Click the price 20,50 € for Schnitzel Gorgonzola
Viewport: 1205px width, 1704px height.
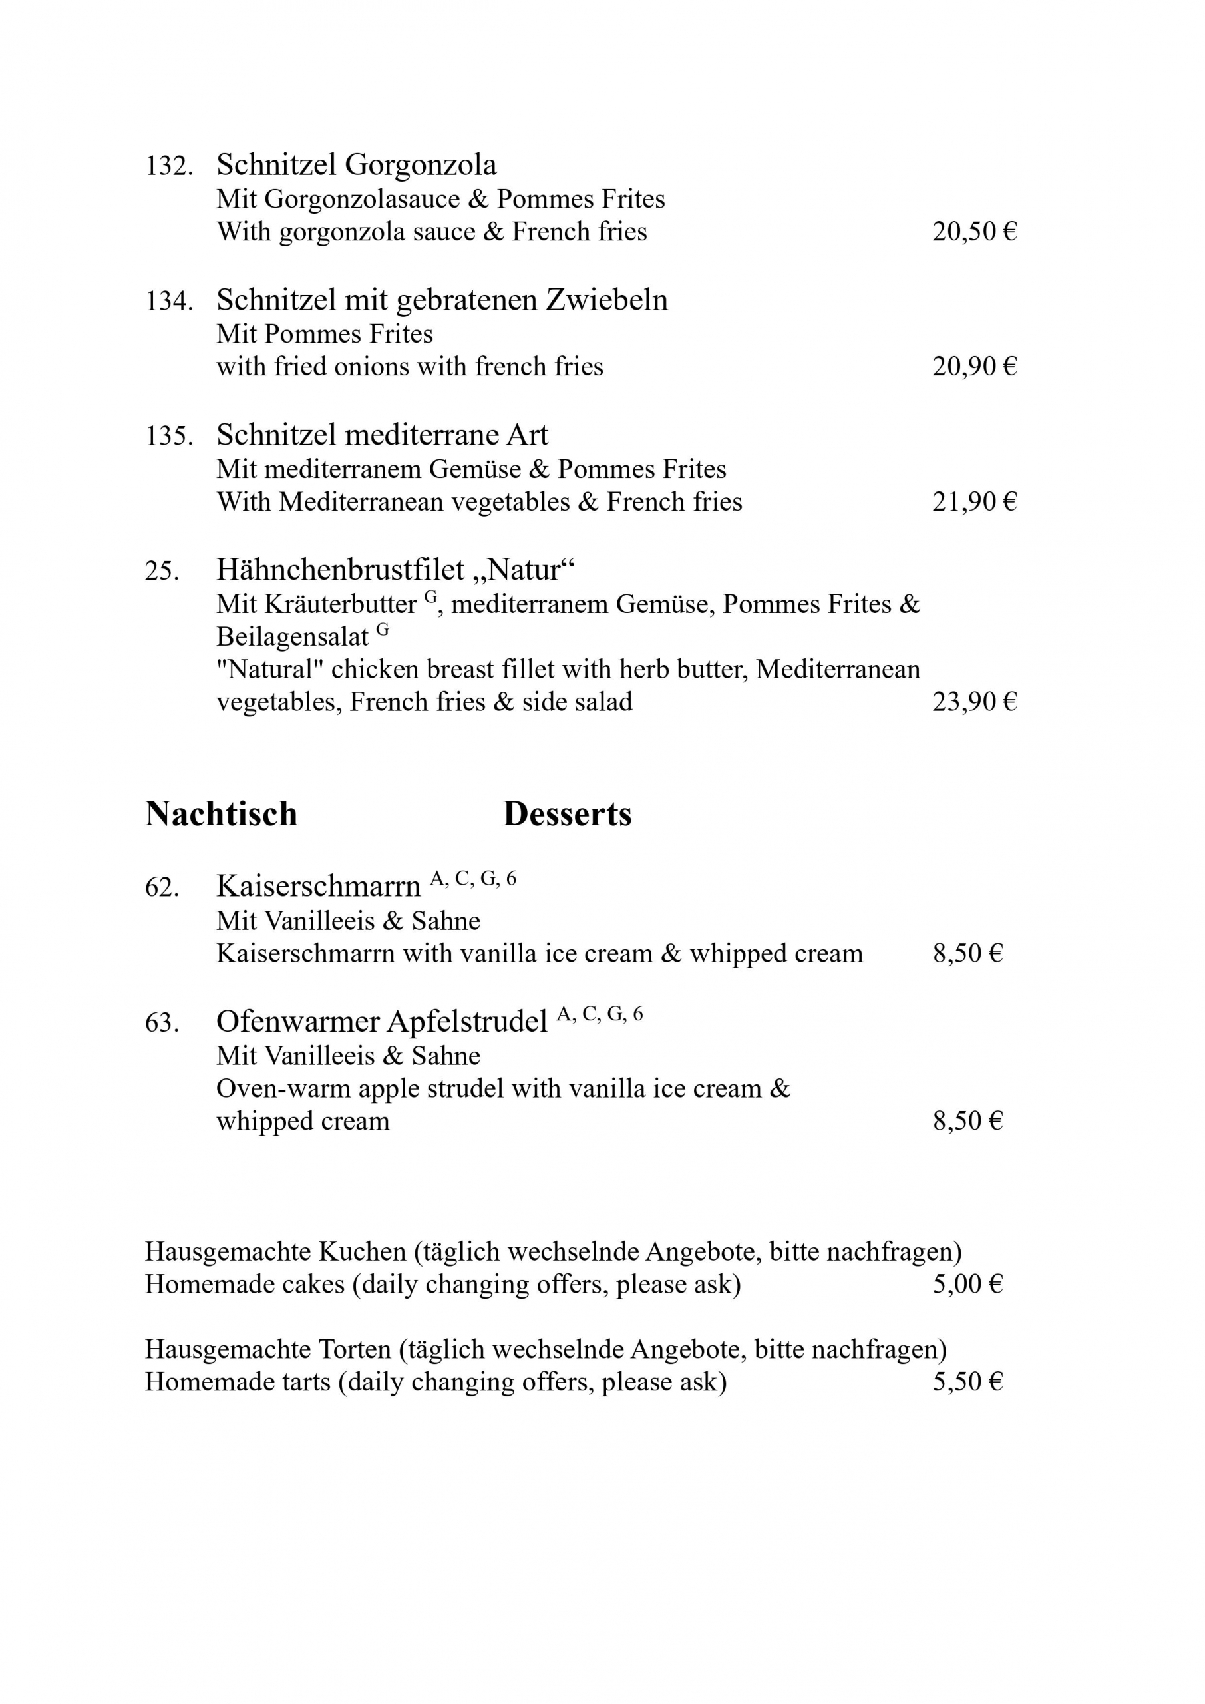974,232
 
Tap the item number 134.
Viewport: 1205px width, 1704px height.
168,302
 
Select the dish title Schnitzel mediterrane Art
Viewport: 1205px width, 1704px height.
382,435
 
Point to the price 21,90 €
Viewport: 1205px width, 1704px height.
974,503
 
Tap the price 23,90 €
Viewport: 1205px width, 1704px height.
974,702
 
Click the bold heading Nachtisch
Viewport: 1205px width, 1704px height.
221,814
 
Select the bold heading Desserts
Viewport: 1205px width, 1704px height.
567,814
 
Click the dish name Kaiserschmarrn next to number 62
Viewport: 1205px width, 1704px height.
318,887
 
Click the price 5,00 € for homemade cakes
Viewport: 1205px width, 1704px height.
967,1285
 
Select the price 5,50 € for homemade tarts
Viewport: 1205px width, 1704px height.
967,1382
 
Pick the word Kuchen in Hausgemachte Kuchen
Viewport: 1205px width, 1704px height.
362,1252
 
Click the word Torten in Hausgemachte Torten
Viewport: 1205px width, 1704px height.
355,1349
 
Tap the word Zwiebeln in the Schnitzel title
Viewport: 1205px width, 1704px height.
607,300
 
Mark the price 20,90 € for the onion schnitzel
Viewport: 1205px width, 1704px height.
974,367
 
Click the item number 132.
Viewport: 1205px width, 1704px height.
168,166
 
